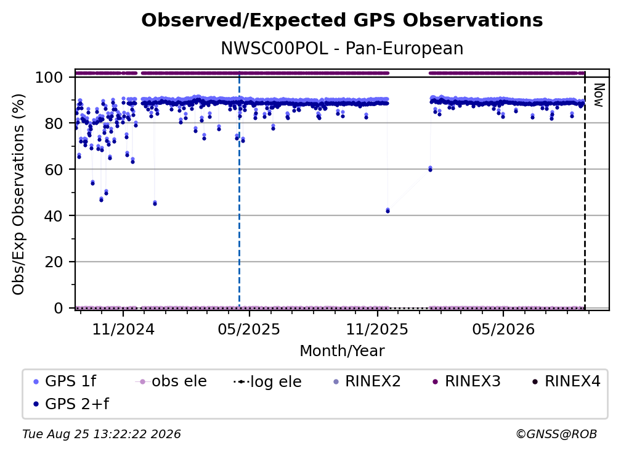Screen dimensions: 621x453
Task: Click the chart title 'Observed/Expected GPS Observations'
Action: pyautogui.click(x=342, y=20)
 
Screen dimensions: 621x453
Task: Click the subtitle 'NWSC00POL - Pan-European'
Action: pyautogui.click(x=342, y=49)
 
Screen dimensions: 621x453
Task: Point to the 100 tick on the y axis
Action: pyautogui.click(x=49, y=77)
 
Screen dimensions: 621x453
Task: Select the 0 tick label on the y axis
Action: pyautogui.click(x=58, y=308)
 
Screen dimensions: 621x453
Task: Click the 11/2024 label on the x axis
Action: pyautogui.click(x=123, y=330)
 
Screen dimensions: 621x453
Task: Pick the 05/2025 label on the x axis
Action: pyautogui.click(x=249, y=330)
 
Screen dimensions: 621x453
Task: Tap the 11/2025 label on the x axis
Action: pyautogui.click(x=377, y=330)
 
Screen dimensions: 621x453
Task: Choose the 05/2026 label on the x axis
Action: pyautogui.click(x=503, y=330)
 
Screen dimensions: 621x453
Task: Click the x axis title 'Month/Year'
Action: pyautogui.click(x=342, y=351)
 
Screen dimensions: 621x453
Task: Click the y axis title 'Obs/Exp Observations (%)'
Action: pyautogui.click(x=18, y=194)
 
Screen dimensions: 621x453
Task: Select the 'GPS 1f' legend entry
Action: pyautogui.click(x=65, y=381)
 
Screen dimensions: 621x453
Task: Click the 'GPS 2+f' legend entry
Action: pyautogui.click(x=71, y=404)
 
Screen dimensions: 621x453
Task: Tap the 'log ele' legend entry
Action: pyautogui.click(x=267, y=382)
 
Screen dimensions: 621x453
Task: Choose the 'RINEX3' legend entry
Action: pyautogui.click(x=466, y=381)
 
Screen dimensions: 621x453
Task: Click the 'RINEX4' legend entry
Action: pyautogui.click(x=566, y=381)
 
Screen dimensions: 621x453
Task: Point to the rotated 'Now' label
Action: pyautogui.click(x=598, y=95)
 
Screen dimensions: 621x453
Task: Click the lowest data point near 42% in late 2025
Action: pyautogui.click(x=388, y=210)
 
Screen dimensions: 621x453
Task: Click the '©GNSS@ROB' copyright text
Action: pyautogui.click(x=556, y=434)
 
